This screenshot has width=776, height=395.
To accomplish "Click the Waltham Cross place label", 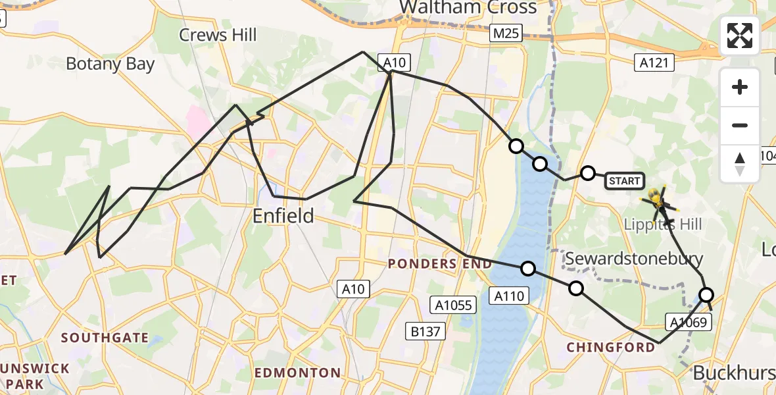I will (x=468, y=7).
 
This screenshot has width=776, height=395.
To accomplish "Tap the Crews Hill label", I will (x=218, y=35).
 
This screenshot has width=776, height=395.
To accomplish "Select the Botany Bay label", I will (x=110, y=64).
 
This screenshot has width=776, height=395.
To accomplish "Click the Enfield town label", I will (x=283, y=215).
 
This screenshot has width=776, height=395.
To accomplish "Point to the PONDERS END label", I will (x=440, y=264).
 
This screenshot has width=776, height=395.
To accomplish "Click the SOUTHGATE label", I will (x=105, y=338).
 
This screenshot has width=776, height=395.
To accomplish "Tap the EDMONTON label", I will (x=297, y=373).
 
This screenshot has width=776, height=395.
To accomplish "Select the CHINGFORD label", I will (x=611, y=347).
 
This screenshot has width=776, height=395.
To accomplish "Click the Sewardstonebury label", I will (x=635, y=258).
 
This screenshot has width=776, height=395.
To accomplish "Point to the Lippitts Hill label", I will (x=662, y=224).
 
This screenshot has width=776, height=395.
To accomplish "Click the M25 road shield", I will (x=505, y=33).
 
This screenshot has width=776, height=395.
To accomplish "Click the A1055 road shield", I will (x=452, y=305).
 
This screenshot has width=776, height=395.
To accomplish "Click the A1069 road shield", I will (x=689, y=322).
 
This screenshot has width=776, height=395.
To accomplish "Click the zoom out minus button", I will (x=740, y=125).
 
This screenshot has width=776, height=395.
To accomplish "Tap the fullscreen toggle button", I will (x=740, y=36).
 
